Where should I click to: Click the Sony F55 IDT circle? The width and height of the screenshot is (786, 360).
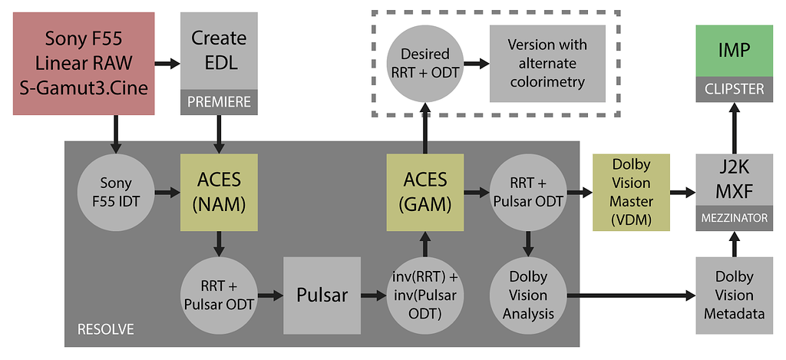pyautogui.click(x=116, y=192)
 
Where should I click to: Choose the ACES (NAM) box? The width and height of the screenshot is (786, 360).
pyautogui.click(x=219, y=192)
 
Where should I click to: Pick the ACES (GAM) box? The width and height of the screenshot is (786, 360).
pyautogui.click(x=425, y=192)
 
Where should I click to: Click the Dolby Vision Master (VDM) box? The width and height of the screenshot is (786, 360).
pyautogui.click(x=631, y=192)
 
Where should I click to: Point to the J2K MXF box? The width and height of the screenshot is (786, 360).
pyautogui.click(x=735, y=181)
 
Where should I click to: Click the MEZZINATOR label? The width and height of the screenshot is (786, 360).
pyautogui.click(x=735, y=218)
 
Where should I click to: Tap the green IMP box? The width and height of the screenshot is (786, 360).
pyautogui.click(x=735, y=51)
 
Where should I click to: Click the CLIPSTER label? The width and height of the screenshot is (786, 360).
pyautogui.click(x=735, y=90)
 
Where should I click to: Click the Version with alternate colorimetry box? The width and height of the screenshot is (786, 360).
pyautogui.click(x=547, y=64)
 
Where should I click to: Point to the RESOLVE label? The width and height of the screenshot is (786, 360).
pyautogui.click(x=106, y=330)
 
